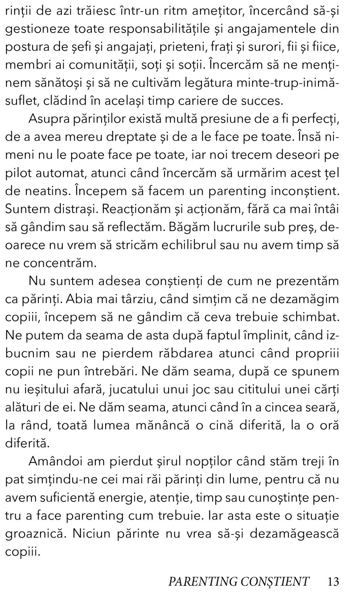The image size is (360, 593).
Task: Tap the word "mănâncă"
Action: point(163,425)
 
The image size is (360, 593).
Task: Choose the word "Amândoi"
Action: point(55,461)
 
